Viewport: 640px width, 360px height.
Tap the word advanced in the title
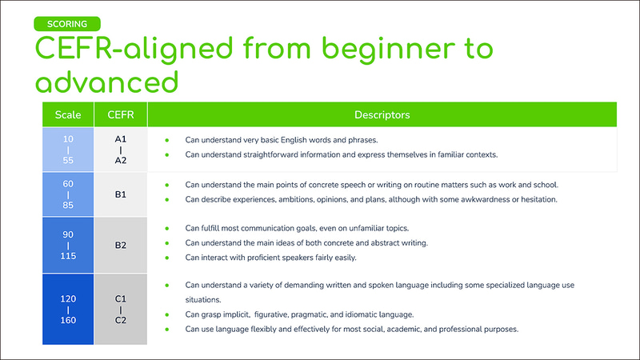point(106,82)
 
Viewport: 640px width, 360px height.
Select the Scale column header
point(68,114)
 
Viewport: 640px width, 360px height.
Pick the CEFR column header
point(121,114)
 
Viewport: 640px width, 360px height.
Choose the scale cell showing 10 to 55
point(68,149)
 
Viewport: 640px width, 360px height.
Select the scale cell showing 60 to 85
point(68,194)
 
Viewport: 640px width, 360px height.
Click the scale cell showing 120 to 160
point(68,309)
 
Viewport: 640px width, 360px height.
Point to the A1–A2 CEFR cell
point(121,149)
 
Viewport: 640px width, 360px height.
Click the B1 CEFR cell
point(121,194)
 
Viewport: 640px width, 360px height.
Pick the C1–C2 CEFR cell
point(121,309)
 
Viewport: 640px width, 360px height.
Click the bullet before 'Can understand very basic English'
point(166,140)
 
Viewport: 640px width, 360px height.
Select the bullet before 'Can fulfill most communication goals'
point(166,228)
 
